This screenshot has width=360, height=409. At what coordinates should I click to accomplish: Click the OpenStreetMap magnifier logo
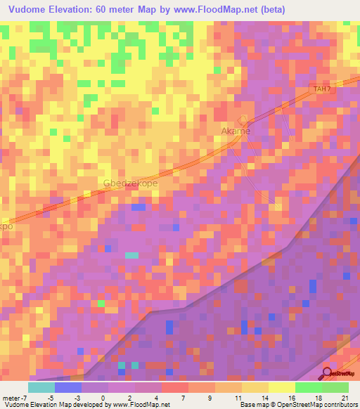coord(328,374)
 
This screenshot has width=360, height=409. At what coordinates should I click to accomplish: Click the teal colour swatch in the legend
coord(41,387)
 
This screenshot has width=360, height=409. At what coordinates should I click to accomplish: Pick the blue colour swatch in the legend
coord(68,387)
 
